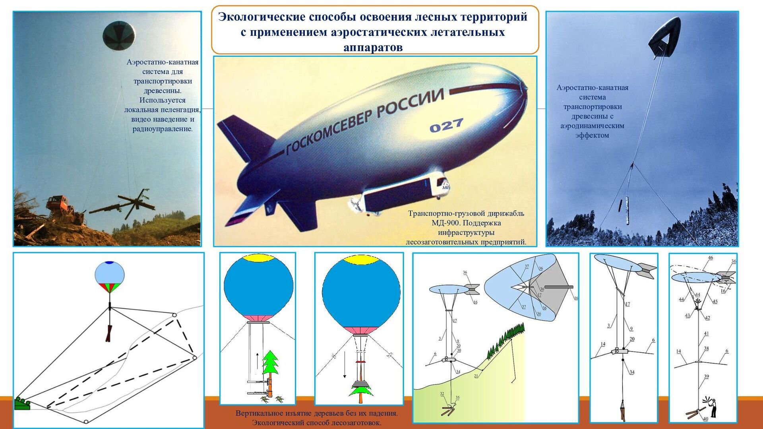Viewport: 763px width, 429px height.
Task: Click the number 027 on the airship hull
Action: pos(446,126)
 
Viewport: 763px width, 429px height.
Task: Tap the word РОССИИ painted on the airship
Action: pos(410,103)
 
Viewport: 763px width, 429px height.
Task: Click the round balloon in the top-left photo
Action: pos(119,36)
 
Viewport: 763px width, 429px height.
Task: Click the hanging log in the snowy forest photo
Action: pos(628,211)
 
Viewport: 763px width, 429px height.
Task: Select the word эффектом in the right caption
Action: pos(592,135)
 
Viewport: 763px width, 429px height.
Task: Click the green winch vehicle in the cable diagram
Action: pos(22,404)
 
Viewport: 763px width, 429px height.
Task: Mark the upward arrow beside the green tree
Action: pos(257,360)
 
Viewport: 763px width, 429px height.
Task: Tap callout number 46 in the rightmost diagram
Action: pos(711,258)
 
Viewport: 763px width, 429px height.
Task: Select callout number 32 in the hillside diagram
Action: pos(442,394)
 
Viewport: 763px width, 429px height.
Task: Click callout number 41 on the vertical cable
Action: pos(706,334)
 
